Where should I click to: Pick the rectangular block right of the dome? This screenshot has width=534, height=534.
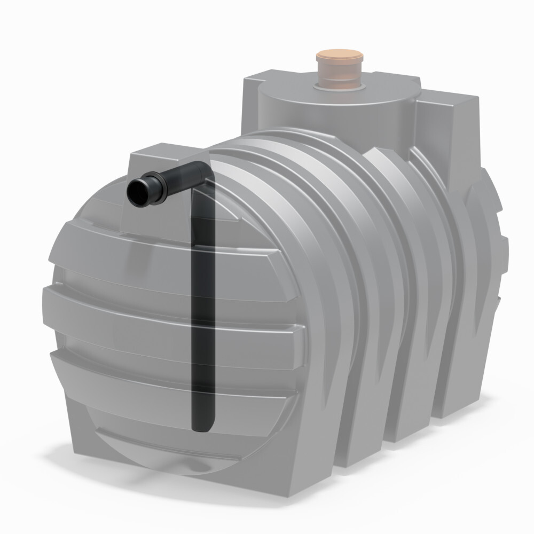click(449, 128)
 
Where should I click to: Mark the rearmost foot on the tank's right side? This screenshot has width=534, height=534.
click(454, 395)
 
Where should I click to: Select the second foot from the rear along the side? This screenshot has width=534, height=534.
click(406, 422)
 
